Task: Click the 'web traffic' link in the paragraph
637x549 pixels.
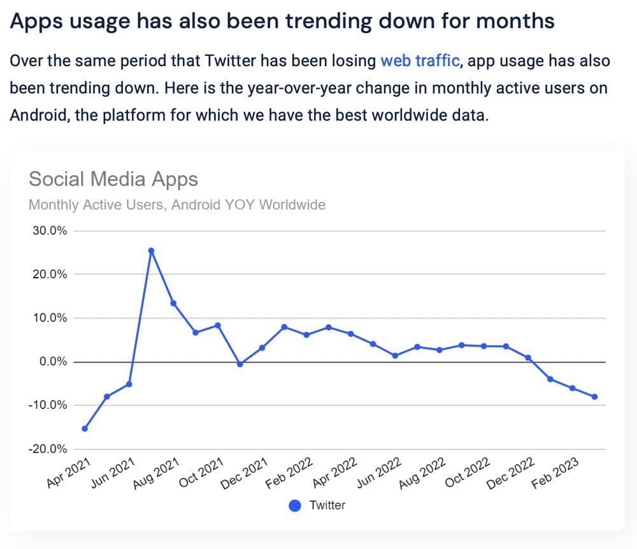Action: coord(420,61)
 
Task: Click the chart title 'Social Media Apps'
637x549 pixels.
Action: coord(113,179)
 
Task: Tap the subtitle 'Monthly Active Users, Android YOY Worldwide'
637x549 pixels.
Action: coord(177,205)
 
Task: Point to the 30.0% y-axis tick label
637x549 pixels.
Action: coord(49,231)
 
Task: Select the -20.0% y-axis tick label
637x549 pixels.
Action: coord(48,449)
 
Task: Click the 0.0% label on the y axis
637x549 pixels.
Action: coord(52,362)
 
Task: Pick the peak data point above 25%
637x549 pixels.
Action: coord(151,251)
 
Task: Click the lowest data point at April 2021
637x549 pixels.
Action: coord(85,429)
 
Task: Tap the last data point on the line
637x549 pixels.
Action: coord(594,397)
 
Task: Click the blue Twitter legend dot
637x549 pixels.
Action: coord(295,506)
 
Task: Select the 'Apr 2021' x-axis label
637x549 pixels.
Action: coord(69,473)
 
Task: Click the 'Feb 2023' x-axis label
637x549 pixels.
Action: coord(555,473)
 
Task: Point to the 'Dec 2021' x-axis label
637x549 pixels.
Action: coord(244,474)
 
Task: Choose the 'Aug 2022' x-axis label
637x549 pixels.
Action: coord(422,474)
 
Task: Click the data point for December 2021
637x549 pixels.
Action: coord(262,348)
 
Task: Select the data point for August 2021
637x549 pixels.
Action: coord(173,303)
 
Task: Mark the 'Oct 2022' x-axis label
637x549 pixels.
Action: coord(466,473)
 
